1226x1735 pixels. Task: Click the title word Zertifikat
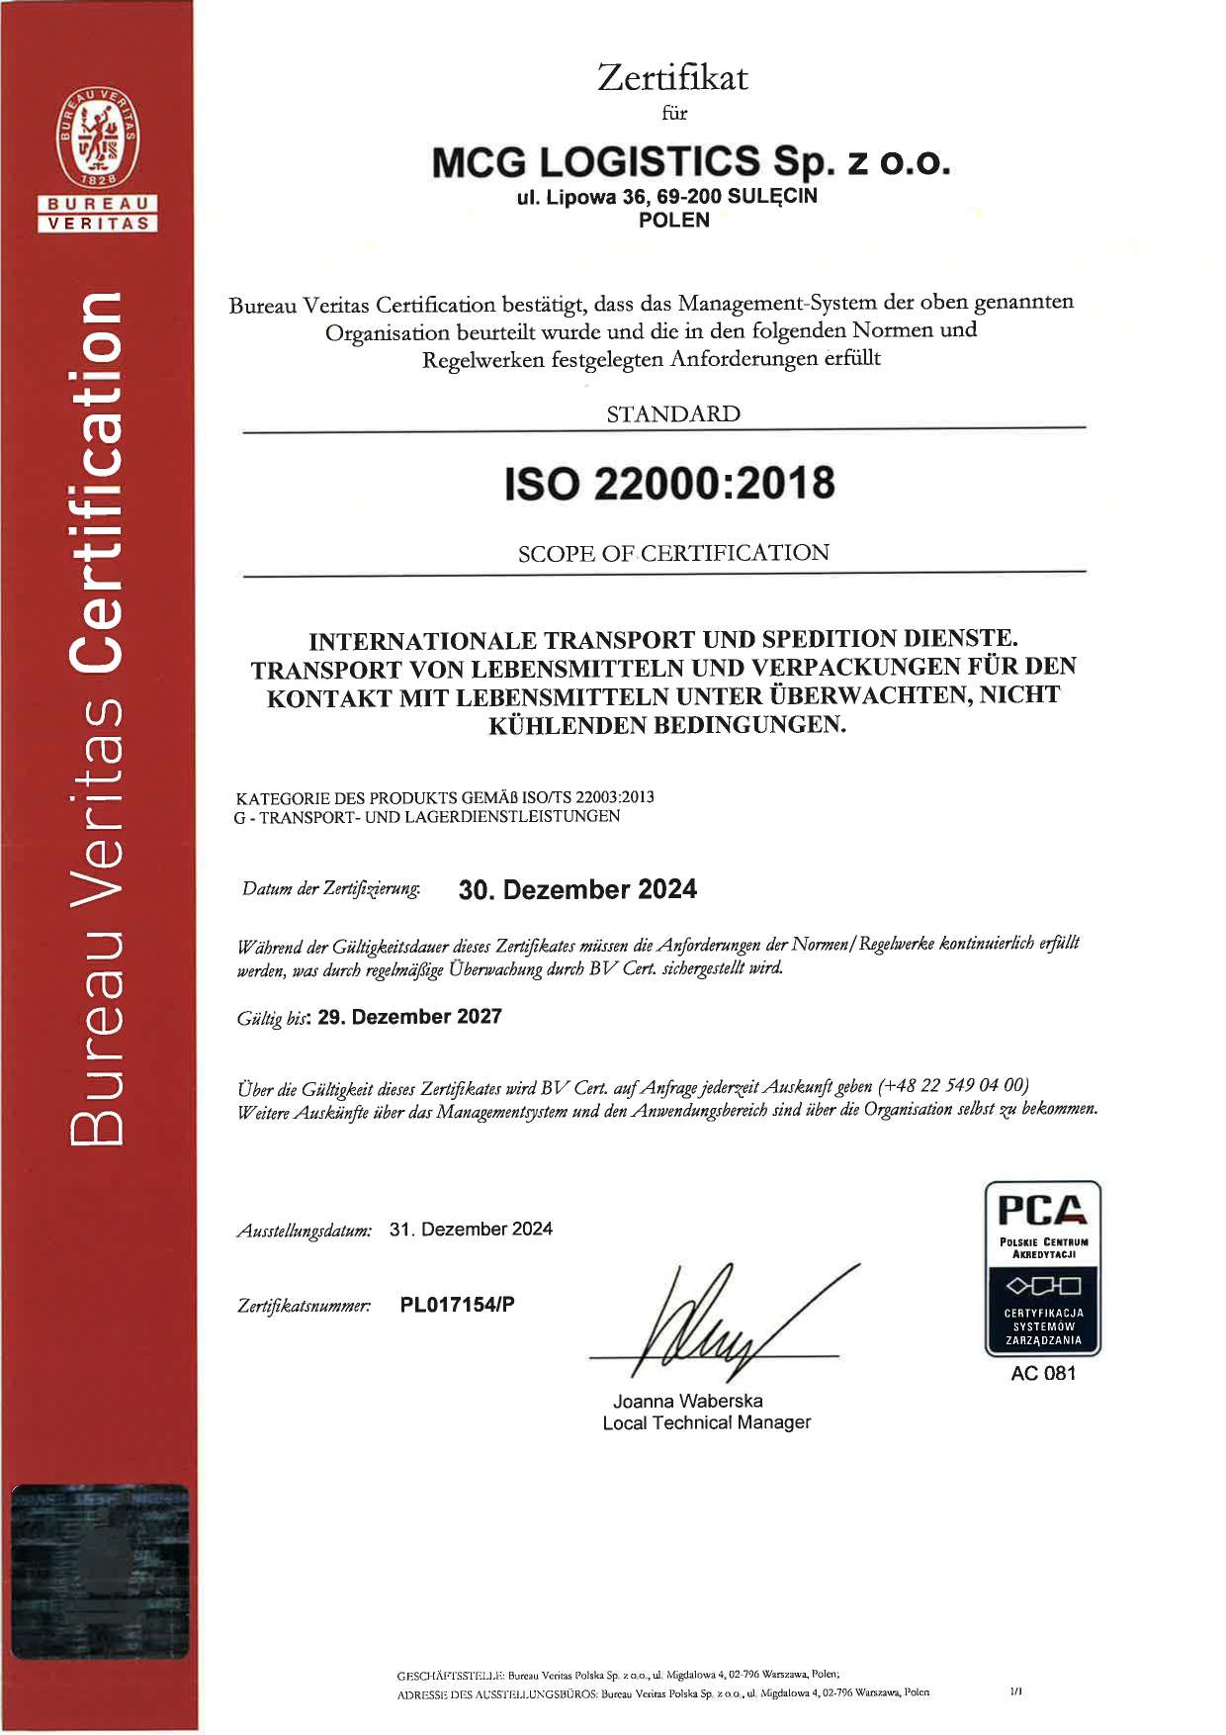coord(672,77)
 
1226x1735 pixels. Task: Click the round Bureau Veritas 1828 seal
coord(98,137)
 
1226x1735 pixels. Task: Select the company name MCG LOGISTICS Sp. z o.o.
coord(690,161)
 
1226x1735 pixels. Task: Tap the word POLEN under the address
coord(673,221)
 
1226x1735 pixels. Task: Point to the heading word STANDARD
coord(672,413)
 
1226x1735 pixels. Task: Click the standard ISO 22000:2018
coord(669,484)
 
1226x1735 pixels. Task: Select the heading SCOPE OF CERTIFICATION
coord(672,553)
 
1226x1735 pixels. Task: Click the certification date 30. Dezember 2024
coord(577,889)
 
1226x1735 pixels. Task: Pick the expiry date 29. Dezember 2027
coord(409,1017)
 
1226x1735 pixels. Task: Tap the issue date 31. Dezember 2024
coord(471,1229)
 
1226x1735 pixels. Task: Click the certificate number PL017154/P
coord(457,1304)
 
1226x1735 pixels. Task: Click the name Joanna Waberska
coord(687,1401)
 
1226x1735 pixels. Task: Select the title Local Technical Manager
coord(706,1422)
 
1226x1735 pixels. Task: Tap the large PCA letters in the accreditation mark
coord(1042,1210)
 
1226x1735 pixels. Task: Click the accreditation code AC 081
coord(1042,1373)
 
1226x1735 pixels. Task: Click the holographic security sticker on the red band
coord(99,1571)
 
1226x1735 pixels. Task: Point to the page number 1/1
coord(1015,1691)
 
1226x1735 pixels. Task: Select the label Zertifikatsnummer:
coord(305,1306)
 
